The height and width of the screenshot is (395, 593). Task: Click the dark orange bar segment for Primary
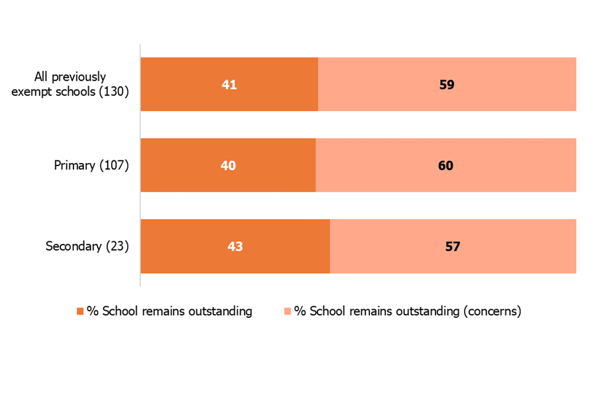point(185,165)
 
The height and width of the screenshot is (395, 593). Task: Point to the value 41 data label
point(229,85)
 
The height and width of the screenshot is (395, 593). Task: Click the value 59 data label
point(447,85)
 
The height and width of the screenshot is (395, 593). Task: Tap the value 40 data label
point(228,165)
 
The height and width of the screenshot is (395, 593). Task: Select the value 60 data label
point(445,165)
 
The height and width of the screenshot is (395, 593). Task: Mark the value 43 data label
point(235,246)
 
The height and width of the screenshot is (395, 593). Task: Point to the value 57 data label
point(453,246)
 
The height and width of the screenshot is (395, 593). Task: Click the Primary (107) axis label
point(91,165)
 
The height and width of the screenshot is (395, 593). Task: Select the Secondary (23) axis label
point(87,246)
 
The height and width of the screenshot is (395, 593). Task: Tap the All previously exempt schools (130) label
point(82,85)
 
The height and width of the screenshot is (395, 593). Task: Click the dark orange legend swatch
point(80,312)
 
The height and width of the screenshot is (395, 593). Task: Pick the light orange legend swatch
point(287,312)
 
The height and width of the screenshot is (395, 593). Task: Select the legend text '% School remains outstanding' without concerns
point(169,312)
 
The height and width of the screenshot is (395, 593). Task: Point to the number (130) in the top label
point(114,92)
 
